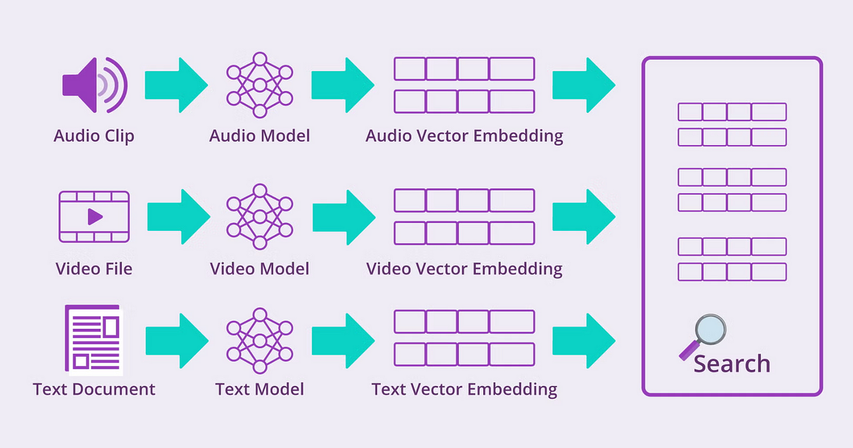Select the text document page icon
pos(94,339)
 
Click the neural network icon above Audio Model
pos(260,85)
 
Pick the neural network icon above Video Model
pos(260,217)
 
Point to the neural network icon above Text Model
pos(260,341)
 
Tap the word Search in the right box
pos(732,363)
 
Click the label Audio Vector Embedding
pos(464,136)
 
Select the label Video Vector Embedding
pos(464,269)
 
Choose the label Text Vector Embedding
pos(464,389)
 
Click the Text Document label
pos(94,389)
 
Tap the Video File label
pos(94,269)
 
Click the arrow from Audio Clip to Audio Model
pos(177,85)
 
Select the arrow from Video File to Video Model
pos(179,217)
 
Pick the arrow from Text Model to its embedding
pos(343,341)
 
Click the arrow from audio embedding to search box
pos(584,85)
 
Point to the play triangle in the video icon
pos(95,217)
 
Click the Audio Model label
pos(260,136)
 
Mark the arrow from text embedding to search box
pos(584,341)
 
